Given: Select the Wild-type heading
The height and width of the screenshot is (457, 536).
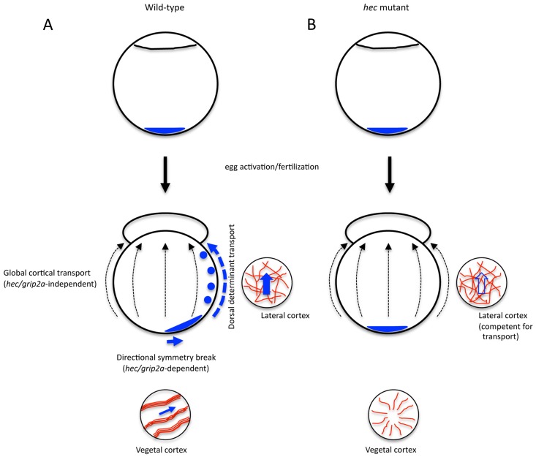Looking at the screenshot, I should [166, 9].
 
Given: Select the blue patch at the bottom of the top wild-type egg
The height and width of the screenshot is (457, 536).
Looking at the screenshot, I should [166, 132].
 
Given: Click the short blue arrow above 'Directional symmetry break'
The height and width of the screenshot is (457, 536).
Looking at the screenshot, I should [174, 341].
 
